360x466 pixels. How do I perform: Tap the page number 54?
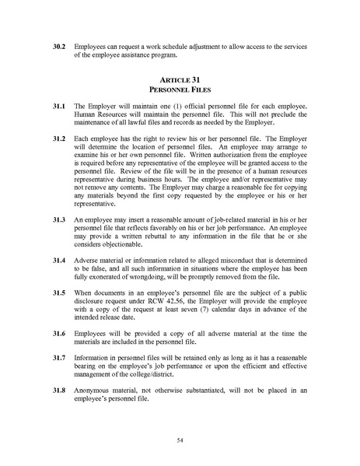coord(180,440)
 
